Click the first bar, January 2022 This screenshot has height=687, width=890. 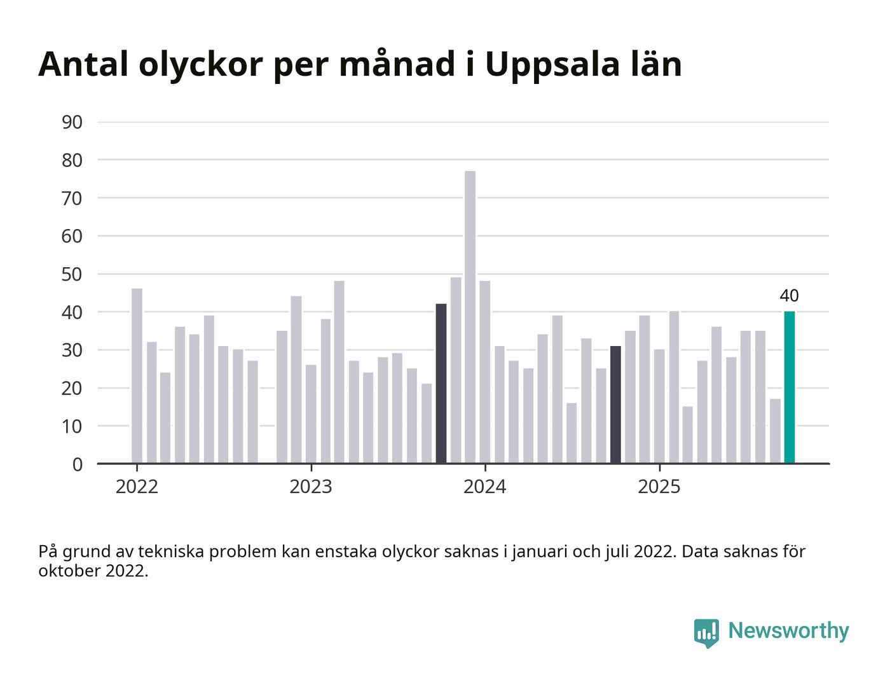[x=137, y=376]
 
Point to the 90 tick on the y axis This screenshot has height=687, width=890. [x=72, y=122]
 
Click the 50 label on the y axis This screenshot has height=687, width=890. [x=72, y=274]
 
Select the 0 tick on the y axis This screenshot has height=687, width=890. [x=78, y=464]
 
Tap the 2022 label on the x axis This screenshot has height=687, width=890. [x=137, y=487]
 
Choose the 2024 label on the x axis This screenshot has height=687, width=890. [x=484, y=487]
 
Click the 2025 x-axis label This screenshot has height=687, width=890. [x=659, y=487]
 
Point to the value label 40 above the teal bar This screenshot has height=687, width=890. [x=789, y=296]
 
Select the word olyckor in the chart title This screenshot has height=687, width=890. [x=200, y=64]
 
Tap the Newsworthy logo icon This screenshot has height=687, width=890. [x=706, y=632]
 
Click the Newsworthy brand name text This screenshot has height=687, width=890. [x=788, y=630]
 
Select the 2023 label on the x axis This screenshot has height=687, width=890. [x=310, y=487]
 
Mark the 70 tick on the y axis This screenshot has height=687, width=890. [x=72, y=198]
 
